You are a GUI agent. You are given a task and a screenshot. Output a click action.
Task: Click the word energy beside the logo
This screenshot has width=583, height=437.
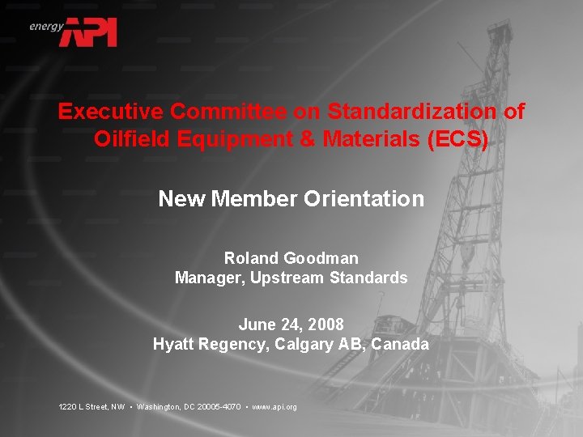46,26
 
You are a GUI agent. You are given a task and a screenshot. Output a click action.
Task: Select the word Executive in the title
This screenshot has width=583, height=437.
109,111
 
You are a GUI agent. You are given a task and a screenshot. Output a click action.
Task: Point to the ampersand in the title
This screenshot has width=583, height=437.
307,139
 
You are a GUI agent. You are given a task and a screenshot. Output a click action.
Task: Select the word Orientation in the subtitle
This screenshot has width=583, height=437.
364,198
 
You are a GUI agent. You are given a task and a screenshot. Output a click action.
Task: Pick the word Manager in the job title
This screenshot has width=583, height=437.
210,278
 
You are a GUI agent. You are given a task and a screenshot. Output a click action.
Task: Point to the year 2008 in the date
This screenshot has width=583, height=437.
326,325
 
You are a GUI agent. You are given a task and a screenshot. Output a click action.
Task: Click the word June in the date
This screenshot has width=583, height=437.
256,325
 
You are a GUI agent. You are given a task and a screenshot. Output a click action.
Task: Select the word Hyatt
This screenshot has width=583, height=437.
172,344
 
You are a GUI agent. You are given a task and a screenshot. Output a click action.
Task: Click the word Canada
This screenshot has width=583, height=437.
401,344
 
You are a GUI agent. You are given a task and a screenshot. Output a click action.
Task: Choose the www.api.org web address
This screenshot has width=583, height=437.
274,406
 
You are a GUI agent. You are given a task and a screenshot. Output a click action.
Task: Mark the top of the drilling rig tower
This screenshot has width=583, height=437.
500,24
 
